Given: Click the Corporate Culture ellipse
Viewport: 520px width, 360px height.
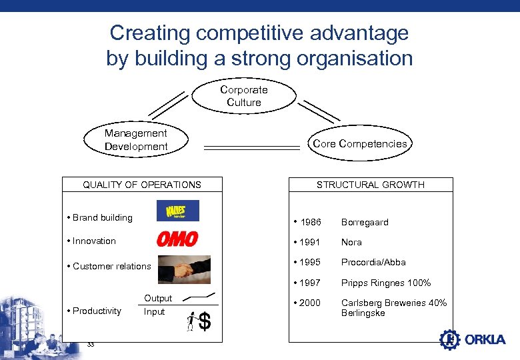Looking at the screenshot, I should [x=244, y=96].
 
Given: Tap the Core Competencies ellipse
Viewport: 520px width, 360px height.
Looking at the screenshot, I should [x=359, y=144].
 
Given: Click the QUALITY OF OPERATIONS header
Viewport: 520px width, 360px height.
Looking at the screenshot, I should [x=141, y=185].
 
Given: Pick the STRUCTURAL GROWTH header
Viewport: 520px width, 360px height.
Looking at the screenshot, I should [x=370, y=185].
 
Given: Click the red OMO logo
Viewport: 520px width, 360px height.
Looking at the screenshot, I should [x=177, y=239].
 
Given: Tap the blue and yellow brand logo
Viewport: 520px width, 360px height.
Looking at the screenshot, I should [x=177, y=211].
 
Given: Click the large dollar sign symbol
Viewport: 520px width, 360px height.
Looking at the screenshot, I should [x=205, y=323].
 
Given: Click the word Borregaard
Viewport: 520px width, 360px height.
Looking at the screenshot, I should [x=365, y=222].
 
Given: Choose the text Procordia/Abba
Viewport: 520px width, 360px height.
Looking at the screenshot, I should [x=373, y=262].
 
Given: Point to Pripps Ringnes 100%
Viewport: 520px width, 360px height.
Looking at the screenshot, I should [x=386, y=283].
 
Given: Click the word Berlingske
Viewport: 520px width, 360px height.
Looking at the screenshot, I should [x=363, y=313].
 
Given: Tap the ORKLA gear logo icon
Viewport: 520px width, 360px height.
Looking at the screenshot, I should [x=450, y=339].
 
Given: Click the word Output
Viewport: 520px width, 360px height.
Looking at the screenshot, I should [x=158, y=298].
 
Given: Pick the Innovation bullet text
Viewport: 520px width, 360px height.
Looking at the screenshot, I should [x=94, y=241].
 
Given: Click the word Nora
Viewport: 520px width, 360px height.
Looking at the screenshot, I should [x=351, y=242].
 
